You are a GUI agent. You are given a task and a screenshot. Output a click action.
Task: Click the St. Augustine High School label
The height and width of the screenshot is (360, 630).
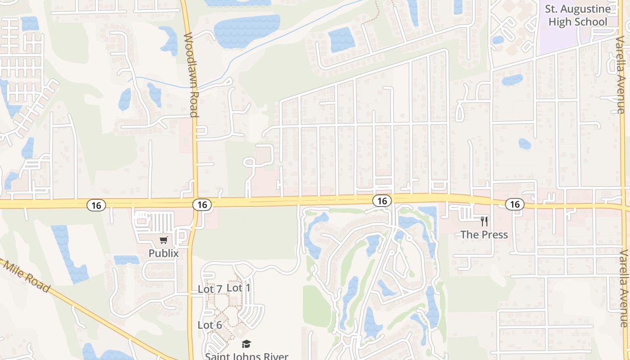click(x=578, y=15)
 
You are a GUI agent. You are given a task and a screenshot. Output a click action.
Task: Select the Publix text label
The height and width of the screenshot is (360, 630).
click(x=164, y=253)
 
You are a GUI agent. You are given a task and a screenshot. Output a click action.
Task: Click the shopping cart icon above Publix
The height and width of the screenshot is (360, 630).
click(x=164, y=240)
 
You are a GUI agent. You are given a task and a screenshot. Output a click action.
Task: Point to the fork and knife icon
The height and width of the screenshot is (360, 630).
click(x=484, y=221)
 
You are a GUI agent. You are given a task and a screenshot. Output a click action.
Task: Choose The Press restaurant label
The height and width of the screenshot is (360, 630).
click(x=484, y=234)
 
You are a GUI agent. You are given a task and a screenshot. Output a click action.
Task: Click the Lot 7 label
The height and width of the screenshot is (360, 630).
click(x=210, y=289)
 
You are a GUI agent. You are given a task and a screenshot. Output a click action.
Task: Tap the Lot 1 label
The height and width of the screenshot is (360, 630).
click(x=238, y=288)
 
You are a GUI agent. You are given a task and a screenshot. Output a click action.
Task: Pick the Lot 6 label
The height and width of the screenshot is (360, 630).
click(x=210, y=325)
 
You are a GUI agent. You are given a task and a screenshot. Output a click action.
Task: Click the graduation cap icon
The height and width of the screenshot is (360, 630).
click(x=246, y=344)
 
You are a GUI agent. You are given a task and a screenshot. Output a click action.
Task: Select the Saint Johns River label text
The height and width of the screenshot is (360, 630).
click(x=247, y=356)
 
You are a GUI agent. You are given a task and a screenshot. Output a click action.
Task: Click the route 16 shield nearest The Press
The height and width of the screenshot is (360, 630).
click(x=515, y=204)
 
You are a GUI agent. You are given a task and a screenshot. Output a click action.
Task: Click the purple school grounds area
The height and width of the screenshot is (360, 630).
click(x=558, y=40)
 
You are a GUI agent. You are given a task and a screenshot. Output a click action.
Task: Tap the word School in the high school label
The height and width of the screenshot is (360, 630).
click(x=591, y=22)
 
